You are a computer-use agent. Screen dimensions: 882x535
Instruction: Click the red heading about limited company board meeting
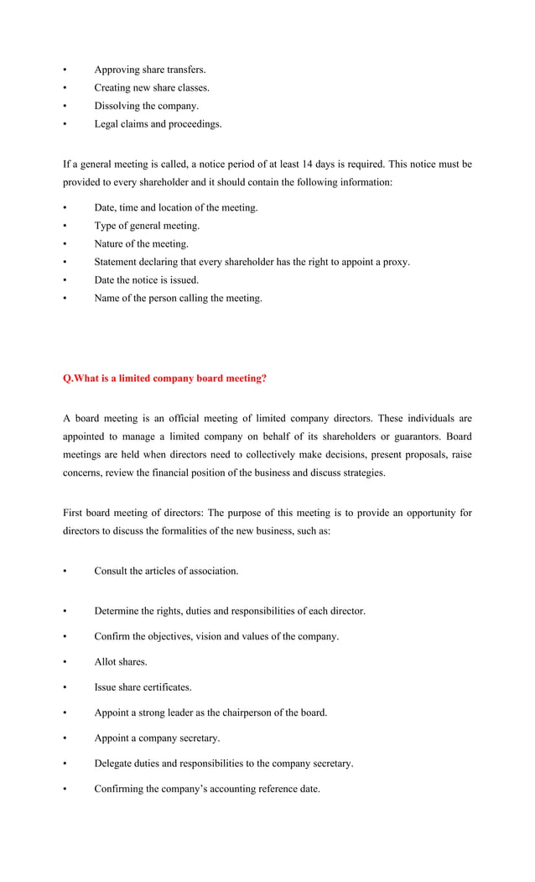[x=165, y=378]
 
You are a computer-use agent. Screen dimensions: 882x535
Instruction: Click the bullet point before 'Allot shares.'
[x=65, y=662]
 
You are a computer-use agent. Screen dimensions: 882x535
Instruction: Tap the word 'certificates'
[x=168, y=687]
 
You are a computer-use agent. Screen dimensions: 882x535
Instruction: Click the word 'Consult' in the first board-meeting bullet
[x=112, y=571]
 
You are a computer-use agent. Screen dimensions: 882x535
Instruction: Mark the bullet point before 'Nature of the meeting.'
[x=65, y=244]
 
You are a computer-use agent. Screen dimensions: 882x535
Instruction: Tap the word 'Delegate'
[x=115, y=764]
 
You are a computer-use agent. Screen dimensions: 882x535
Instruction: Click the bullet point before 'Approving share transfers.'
[x=65, y=70]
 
